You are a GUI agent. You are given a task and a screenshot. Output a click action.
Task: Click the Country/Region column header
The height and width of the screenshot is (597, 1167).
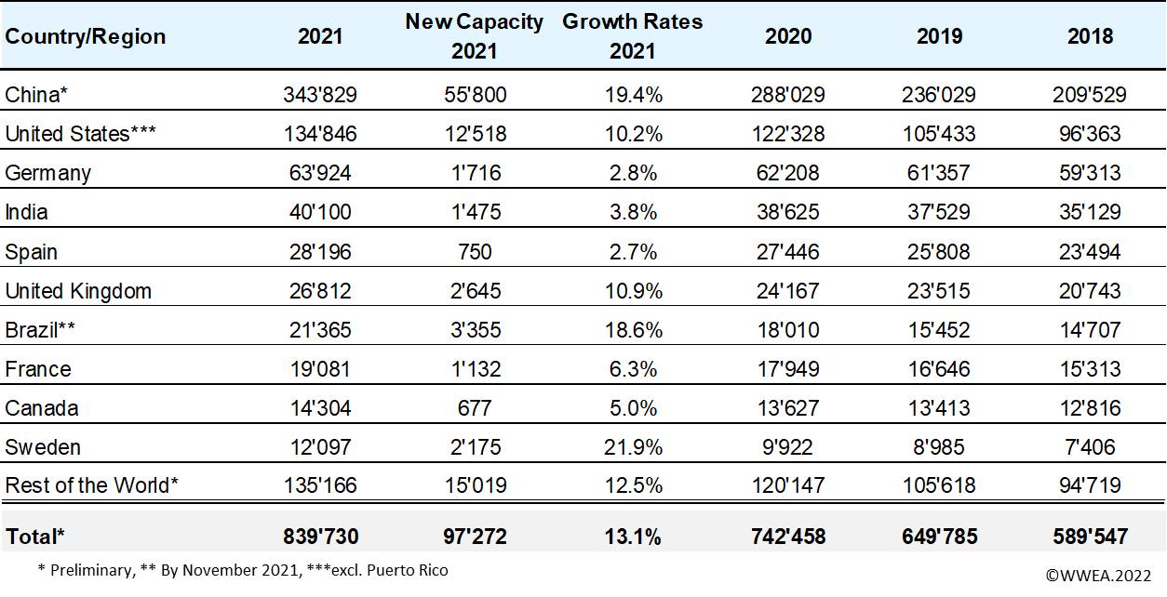coord(86,36)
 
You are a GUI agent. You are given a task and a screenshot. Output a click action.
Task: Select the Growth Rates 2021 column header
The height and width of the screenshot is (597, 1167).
coord(633,36)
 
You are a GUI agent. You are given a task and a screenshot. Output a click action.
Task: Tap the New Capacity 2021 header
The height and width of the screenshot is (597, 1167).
coord(474,36)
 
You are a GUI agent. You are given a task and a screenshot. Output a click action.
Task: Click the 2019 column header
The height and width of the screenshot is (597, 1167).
coord(939,36)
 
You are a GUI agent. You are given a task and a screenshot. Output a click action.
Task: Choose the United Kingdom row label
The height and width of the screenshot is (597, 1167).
coord(78,291)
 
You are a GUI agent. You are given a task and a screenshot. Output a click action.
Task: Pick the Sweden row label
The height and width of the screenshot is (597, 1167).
coord(43,447)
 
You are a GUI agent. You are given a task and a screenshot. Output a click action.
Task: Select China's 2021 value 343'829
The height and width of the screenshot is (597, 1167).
coord(319,95)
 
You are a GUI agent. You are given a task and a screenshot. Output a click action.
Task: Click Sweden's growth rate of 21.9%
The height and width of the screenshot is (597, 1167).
coord(633,447)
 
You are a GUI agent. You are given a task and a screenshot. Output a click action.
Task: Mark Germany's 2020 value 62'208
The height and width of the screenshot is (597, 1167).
coord(787,173)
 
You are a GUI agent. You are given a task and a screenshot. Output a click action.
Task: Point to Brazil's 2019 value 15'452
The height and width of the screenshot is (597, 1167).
coord(939,330)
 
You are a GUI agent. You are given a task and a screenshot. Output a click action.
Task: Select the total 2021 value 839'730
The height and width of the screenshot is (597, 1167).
coord(319,537)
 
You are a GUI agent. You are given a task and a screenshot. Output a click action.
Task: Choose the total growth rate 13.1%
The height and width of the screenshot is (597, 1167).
coord(633,537)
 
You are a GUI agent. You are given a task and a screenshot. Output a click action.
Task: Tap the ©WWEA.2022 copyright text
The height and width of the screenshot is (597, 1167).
coord(1099,576)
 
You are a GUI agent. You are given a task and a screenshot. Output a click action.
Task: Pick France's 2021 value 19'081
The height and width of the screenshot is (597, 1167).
coord(319,369)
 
